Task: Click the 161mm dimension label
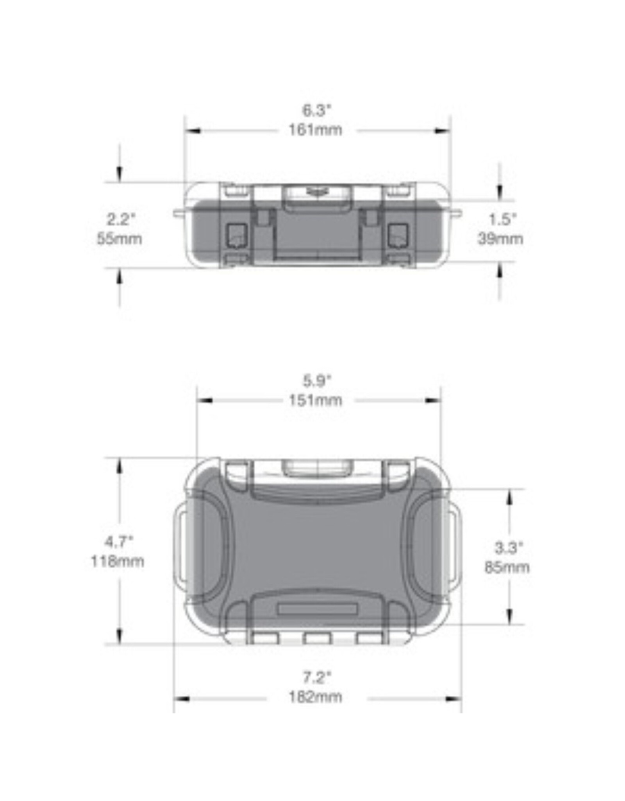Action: (315, 130)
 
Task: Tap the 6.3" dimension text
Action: (316, 110)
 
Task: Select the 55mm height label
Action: (120, 239)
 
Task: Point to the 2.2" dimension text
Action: (121, 219)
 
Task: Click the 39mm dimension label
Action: (500, 239)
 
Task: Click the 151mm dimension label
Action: (315, 400)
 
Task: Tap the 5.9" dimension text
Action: (317, 381)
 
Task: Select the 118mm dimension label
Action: (118, 562)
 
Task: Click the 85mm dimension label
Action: (507, 567)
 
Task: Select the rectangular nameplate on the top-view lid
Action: (317, 609)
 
